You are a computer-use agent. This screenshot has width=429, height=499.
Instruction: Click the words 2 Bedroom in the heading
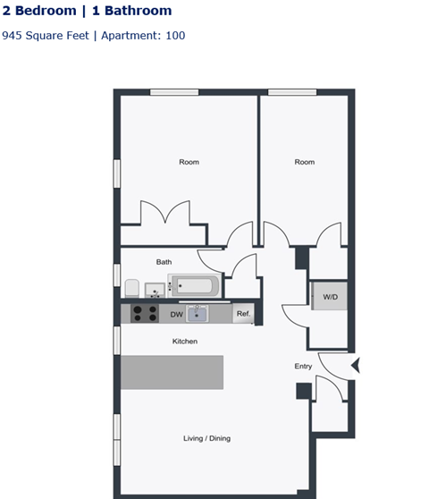click(39, 12)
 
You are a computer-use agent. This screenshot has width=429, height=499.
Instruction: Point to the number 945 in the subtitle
click(13, 36)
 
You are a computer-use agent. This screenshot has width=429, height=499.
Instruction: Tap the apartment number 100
click(175, 36)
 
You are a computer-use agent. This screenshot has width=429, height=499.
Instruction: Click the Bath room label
click(164, 262)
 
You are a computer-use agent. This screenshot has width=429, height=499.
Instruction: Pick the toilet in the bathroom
click(132, 287)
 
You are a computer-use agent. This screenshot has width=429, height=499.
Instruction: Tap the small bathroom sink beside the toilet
click(154, 289)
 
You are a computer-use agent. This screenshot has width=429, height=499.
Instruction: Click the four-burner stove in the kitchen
click(145, 314)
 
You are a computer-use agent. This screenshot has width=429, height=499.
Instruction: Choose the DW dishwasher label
click(176, 315)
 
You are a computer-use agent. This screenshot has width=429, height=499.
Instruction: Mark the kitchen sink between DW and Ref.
click(198, 314)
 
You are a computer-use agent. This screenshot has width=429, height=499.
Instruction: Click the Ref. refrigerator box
click(243, 315)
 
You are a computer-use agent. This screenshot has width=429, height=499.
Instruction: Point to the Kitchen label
click(185, 342)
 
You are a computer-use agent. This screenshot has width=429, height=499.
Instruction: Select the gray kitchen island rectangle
click(172, 372)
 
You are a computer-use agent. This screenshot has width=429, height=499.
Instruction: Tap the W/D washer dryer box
click(330, 296)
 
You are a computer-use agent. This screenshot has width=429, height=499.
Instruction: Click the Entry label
click(304, 367)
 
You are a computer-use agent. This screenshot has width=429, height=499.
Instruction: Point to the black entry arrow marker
click(356, 365)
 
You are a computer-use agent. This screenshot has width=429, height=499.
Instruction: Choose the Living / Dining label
click(206, 438)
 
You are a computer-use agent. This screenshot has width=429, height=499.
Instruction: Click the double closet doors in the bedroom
click(165, 215)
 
